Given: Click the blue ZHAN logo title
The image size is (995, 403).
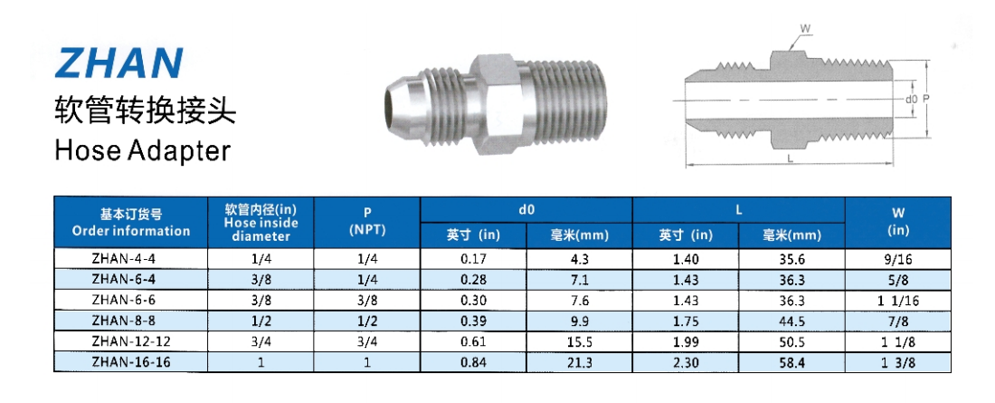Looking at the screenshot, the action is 118,62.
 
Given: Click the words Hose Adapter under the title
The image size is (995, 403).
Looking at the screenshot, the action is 142,150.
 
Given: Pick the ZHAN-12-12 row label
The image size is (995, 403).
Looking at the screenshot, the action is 131,342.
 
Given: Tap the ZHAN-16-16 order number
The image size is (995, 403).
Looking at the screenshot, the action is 131,362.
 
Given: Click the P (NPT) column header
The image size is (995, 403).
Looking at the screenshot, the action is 367,222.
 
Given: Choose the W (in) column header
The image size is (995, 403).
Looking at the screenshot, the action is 898,222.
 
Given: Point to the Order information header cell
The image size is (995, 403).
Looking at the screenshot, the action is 131,223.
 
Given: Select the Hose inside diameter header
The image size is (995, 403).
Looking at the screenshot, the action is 261,223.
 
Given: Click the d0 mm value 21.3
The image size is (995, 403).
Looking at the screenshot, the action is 579,362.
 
